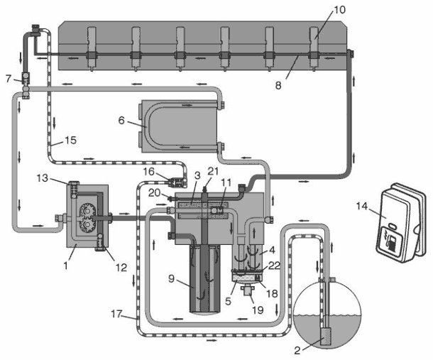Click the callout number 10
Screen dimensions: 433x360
339,10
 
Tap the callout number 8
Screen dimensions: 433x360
278,85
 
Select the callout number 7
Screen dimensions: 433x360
9,79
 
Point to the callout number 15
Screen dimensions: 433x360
70,140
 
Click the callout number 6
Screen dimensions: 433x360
121,121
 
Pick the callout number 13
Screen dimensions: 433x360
43,178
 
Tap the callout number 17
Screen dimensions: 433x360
117,314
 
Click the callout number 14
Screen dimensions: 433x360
362,206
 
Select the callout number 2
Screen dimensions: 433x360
297,351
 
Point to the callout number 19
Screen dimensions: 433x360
258,310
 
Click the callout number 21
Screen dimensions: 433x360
213,171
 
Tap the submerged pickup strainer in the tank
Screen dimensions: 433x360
327,336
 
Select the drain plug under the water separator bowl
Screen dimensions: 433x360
247,291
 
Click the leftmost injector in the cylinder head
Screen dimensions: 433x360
91,48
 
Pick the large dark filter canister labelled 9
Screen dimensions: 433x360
205,279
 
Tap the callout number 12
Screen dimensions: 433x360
121,267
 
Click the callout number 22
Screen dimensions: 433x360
274,266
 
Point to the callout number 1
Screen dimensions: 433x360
65,266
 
